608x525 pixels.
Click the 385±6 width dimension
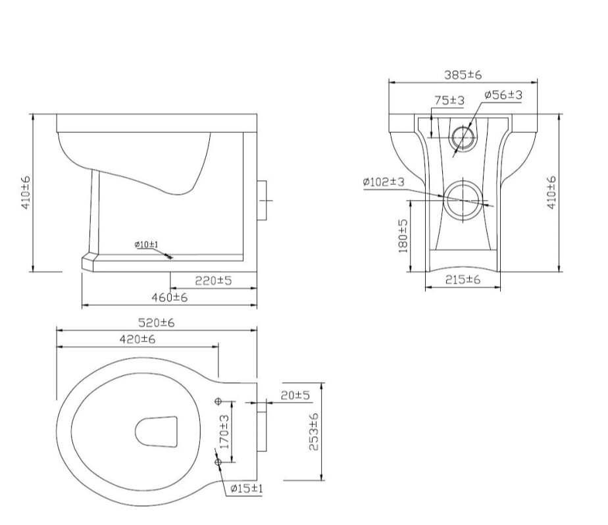[x=463, y=75]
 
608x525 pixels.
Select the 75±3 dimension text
[x=449, y=100]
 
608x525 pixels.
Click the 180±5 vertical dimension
[x=403, y=236]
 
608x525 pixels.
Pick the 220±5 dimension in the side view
[x=213, y=281]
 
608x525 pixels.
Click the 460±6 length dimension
[x=169, y=297]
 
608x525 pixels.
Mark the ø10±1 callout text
[x=146, y=245]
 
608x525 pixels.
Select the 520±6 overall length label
[x=155, y=323]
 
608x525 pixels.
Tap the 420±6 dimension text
[x=136, y=339]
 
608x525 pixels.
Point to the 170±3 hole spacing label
[x=224, y=432]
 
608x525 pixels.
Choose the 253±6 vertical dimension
[x=314, y=432]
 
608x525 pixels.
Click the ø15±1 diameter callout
[x=247, y=489]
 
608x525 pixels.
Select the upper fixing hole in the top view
[x=218, y=401]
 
